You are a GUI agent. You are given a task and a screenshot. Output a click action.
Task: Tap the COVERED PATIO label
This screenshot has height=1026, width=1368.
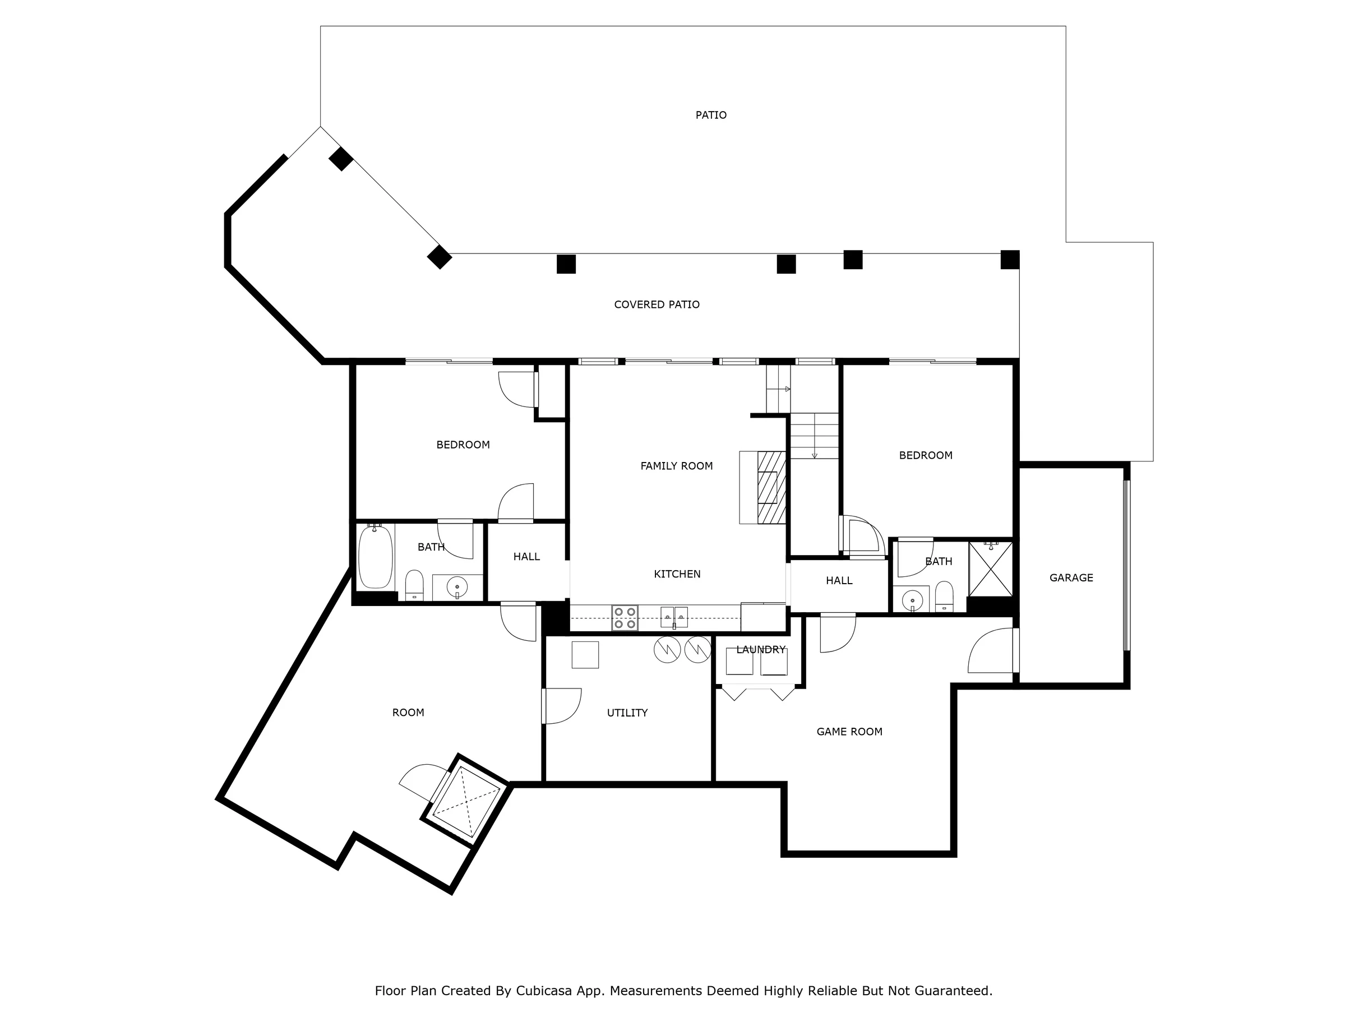[657, 304]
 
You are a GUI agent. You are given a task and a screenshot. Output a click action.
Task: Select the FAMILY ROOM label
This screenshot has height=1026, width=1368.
[677, 466]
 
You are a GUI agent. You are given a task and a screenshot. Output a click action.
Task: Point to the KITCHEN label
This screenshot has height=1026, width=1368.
[677, 574]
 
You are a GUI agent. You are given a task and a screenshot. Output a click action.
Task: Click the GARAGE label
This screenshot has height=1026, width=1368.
[1071, 577]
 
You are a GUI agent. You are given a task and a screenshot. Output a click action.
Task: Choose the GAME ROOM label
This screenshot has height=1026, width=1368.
[849, 732]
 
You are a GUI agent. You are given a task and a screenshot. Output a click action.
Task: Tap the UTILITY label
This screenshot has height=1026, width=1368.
[627, 713]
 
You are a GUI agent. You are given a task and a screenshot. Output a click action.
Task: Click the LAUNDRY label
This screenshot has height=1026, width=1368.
[761, 649]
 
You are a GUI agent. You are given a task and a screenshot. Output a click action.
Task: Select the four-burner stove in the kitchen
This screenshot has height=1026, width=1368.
[625, 618]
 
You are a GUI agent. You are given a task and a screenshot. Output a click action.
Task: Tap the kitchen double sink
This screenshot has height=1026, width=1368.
[674, 617]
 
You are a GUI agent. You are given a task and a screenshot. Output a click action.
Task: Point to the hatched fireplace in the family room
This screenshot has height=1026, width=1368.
[771, 487]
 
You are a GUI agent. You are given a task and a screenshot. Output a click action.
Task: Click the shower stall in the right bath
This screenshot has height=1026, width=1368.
[991, 569]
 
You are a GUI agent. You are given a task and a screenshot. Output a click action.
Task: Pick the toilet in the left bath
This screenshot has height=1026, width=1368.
[414, 585]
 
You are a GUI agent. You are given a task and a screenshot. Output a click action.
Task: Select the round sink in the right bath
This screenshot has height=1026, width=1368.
[912, 600]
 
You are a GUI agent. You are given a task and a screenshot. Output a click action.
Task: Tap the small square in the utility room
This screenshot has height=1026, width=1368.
[585, 655]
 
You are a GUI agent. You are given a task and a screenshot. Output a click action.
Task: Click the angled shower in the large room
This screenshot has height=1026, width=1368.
[466, 799]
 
